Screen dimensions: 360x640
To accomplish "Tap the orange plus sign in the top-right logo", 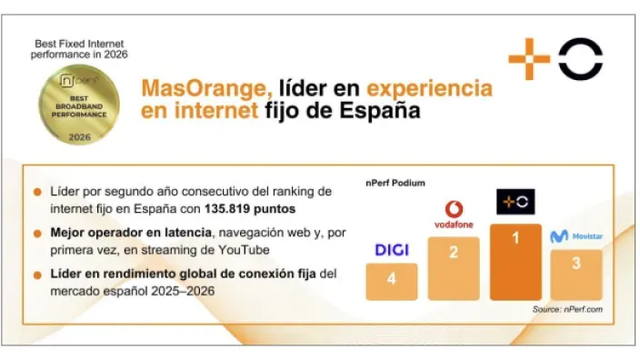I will pos(529,59).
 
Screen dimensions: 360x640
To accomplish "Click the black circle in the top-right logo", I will pos(580,59).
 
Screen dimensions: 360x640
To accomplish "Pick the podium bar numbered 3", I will pos(575,275).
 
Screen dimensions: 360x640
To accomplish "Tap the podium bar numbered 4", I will pos(391,281).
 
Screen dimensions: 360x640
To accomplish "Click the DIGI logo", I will pos(391,249).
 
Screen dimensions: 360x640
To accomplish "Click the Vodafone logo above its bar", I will pos(453,215).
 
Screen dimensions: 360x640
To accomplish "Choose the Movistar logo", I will pos(573,236).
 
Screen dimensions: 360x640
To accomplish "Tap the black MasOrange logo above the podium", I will pos(515,202).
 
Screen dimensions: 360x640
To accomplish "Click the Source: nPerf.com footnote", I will pos(567,310).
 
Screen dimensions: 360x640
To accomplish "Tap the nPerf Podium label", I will pos(395,183).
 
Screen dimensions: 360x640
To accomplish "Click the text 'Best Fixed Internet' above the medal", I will pos(78,43).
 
